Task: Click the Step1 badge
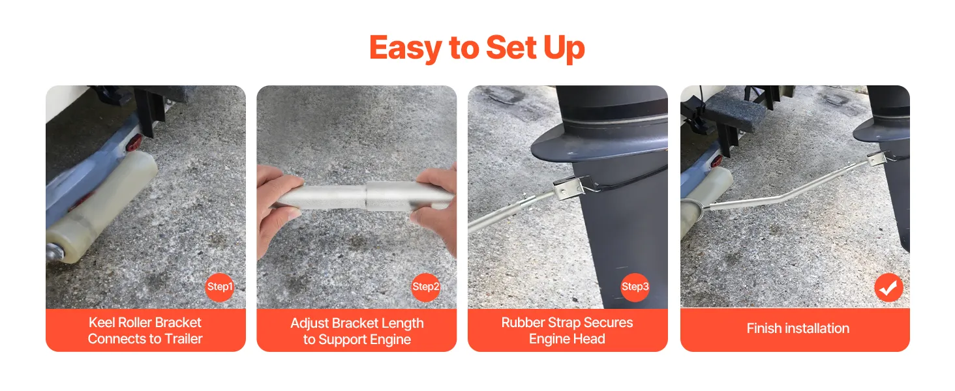[220, 287]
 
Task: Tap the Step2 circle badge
[425, 287]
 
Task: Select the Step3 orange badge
[635, 287]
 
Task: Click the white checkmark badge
[888, 288]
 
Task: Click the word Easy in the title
[406, 48]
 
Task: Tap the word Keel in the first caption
[102, 323]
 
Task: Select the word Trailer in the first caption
[183, 339]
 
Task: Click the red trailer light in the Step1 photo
[134, 143]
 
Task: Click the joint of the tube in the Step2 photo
[366, 197]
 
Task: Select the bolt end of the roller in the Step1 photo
[55, 254]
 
